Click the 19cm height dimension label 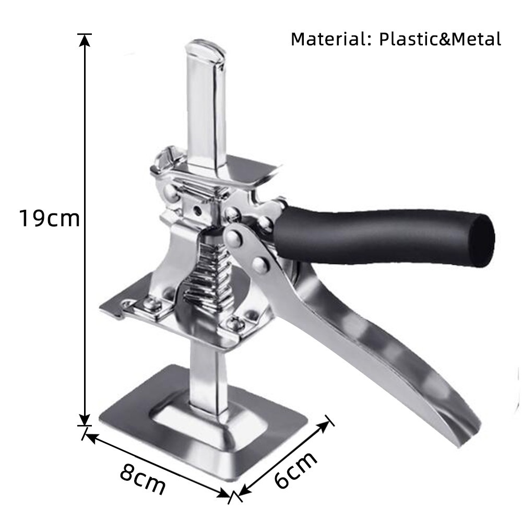click(x=49, y=218)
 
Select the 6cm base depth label click(x=295, y=470)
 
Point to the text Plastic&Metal click(x=440, y=39)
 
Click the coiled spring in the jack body click(x=207, y=272)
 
